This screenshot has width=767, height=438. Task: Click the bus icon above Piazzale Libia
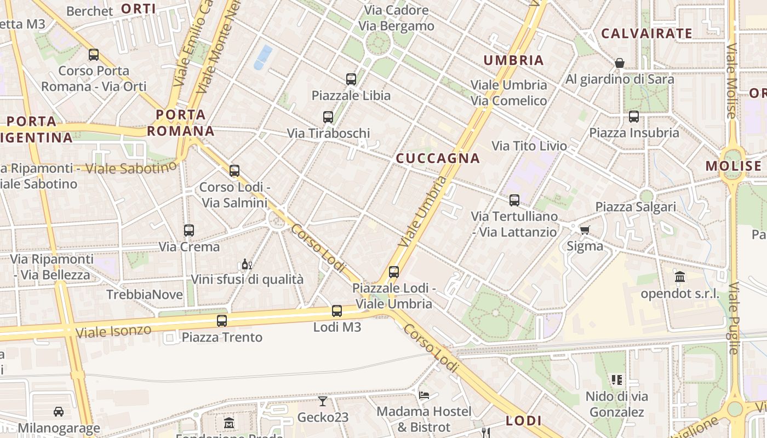pyautogui.click(x=351, y=79)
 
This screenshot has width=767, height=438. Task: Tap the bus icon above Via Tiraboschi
pyautogui.click(x=328, y=117)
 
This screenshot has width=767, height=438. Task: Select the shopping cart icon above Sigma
pyautogui.click(x=585, y=230)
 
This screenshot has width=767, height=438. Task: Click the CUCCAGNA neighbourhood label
pyautogui.click(x=438, y=159)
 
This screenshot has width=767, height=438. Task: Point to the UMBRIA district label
pyautogui.click(x=514, y=60)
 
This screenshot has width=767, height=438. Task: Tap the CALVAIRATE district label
pyautogui.click(x=647, y=33)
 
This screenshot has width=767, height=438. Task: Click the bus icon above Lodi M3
pyautogui.click(x=337, y=311)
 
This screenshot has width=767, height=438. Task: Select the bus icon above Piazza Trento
pyautogui.click(x=222, y=321)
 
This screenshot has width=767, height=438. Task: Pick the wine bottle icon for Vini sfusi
pyautogui.click(x=247, y=264)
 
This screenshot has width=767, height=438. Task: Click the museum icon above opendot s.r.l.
pyautogui.click(x=680, y=277)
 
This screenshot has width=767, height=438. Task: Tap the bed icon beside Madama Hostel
pyautogui.click(x=423, y=395)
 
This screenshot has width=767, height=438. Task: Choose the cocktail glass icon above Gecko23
pyautogui.click(x=323, y=401)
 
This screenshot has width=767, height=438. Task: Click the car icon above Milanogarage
pyautogui.click(x=59, y=411)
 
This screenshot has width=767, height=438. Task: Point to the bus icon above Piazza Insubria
pyautogui.click(x=634, y=117)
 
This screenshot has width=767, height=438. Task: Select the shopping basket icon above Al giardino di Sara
pyautogui.click(x=620, y=63)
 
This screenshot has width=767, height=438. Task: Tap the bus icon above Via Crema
pyautogui.click(x=189, y=230)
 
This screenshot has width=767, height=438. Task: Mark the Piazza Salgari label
pyautogui.click(x=636, y=207)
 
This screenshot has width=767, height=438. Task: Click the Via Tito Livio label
pyautogui.click(x=529, y=146)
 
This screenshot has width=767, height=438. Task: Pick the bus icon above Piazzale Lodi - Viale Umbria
pyautogui.click(x=394, y=272)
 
